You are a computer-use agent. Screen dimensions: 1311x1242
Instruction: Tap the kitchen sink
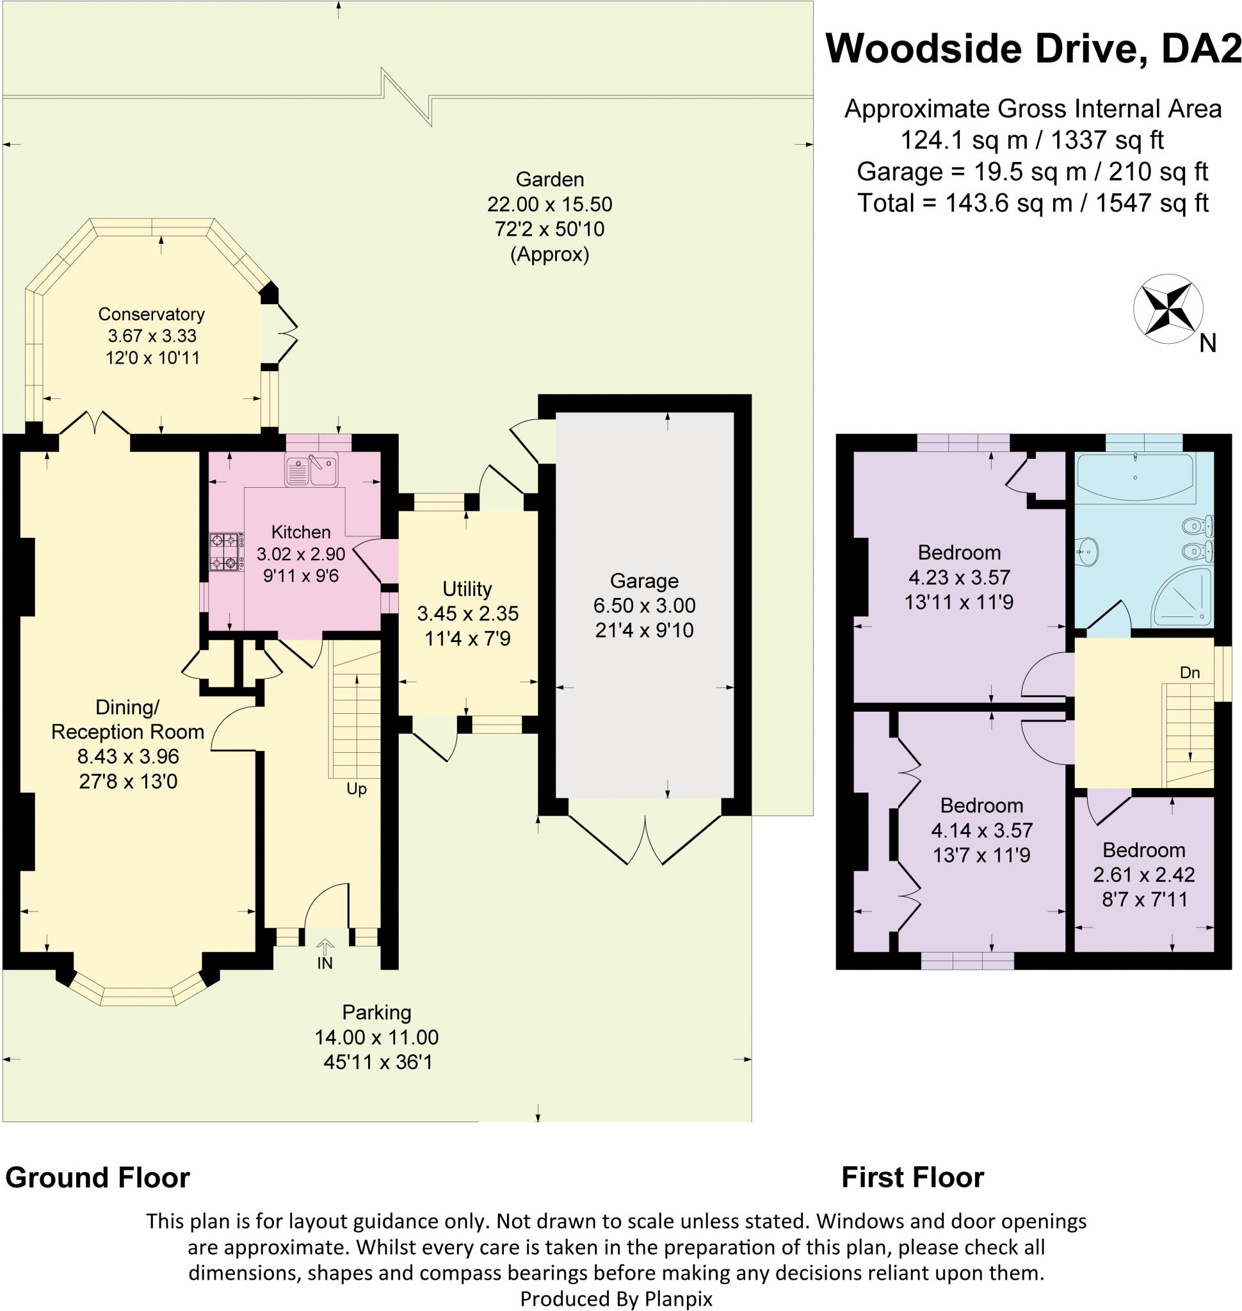click(x=311, y=469)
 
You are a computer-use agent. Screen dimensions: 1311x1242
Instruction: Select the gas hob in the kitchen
click(x=224, y=552)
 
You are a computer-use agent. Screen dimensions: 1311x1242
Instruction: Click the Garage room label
click(x=643, y=581)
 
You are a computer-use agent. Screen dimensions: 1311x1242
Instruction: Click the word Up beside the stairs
click(x=356, y=789)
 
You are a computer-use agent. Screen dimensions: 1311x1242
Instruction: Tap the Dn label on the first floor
click(x=1190, y=673)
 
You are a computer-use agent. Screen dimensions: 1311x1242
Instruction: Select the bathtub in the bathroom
click(x=1134, y=476)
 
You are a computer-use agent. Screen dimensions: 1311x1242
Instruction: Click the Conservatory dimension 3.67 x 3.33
click(x=152, y=335)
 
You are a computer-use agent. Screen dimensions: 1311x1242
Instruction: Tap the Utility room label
click(x=467, y=589)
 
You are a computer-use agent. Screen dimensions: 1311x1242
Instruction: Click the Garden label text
click(x=549, y=179)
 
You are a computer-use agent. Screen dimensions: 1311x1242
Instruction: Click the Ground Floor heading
click(x=97, y=1178)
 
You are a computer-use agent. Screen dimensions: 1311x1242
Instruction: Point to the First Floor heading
click(x=912, y=1178)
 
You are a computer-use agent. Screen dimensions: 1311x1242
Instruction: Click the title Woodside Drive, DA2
click(x=1033, y=49)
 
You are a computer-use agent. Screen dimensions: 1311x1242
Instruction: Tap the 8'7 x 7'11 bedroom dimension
click(x=1145, y=899)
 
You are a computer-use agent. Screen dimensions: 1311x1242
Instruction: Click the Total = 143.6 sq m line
click(x=1033, y=203)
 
